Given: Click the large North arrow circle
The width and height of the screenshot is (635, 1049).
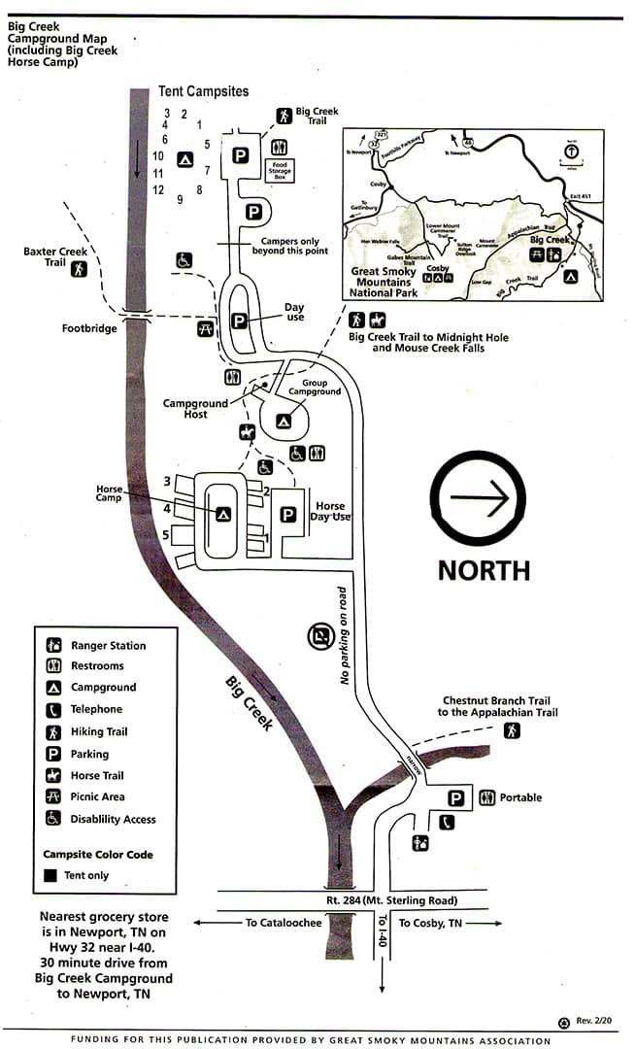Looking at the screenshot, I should click(x=484, y=500).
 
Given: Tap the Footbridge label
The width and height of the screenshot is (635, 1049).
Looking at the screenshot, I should click(x=89, y=328).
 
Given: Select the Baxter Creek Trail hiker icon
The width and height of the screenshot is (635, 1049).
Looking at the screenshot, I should click(x=79, y=268).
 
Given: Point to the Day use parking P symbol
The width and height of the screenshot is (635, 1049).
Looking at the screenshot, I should click(x=239, y=321).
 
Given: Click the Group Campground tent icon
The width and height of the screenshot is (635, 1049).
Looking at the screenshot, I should click(x=284, y=422).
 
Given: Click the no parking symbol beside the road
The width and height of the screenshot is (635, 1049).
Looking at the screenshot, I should click(x=319, y=637).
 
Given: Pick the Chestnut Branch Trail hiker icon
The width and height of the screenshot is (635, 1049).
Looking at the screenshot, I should click(x=511, y=731).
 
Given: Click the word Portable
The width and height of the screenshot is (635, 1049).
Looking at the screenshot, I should click(x=520, y=798).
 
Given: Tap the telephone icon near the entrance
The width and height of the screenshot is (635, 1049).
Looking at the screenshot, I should click(x=447, y=822).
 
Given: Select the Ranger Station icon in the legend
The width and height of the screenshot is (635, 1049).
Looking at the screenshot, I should click(x=53, y=645).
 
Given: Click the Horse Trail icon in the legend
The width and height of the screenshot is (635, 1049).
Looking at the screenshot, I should click(x=53, y=775).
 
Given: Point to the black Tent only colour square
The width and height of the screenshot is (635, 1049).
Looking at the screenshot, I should click(x=51, y=875).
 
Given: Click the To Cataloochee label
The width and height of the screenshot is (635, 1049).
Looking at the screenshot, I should click(x=283, y=923).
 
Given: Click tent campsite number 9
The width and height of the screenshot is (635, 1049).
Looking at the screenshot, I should click(x=181, y=201).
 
